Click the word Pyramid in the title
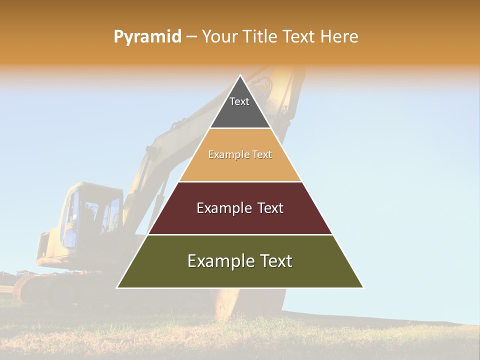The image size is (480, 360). click(147, 37)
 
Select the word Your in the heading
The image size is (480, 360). click(219, 36)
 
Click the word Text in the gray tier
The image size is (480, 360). click(239, 101)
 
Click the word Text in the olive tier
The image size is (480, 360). click(274, 261)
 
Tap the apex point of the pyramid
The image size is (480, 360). click(240, 75)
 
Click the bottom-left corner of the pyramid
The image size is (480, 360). click(117, 287)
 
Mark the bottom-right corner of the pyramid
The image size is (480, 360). click(363, 287)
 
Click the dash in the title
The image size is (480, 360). click(191, 37)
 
